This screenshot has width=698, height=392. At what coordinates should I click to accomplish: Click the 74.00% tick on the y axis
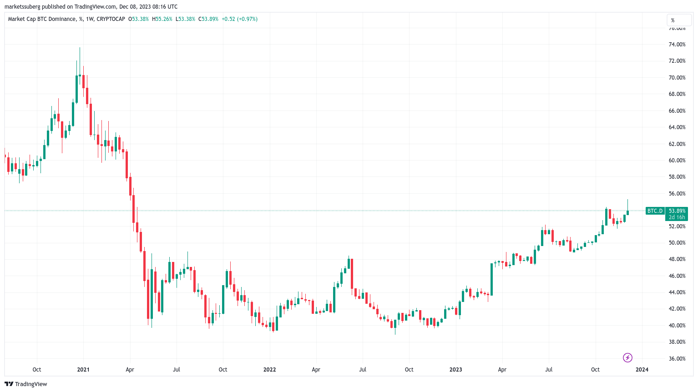click(677, 45)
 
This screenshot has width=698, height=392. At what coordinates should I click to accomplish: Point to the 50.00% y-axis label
click(677, 243)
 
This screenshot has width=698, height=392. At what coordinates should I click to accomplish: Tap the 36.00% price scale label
click(677, 359)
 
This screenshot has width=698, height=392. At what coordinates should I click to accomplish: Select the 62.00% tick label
click(677, 144)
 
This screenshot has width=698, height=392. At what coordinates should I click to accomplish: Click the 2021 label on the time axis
click(83, 370)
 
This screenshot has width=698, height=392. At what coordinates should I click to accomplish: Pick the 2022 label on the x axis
click(270, 370)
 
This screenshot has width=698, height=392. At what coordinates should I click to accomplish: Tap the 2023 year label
click(455, 370)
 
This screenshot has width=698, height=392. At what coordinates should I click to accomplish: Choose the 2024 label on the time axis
click(642, 370)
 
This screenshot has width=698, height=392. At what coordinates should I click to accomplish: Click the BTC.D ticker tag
click(655, 211)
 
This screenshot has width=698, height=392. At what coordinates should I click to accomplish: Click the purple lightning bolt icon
click(627, 358)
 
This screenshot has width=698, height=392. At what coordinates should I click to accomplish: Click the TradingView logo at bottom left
click(26, 384)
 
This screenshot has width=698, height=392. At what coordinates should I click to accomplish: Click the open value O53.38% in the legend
click(138, 19)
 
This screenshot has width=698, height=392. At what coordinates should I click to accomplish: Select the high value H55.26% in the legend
click(162, 19)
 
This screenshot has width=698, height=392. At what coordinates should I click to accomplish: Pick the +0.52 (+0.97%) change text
click(239, 19)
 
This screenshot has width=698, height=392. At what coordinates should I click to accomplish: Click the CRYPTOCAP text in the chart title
click(111, 19)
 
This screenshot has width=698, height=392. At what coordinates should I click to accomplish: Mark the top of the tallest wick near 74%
click(80, 48)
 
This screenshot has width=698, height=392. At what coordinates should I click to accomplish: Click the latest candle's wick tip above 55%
click(627, 200)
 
